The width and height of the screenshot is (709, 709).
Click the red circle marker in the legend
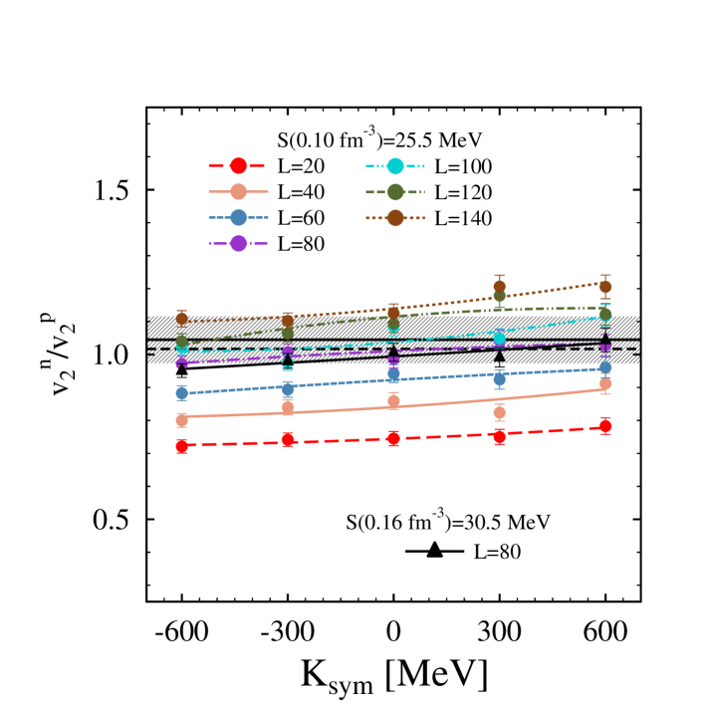pyautogui.click(x=238, y=166)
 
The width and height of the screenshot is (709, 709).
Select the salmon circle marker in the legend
pyautogui.click(x=238, y=192)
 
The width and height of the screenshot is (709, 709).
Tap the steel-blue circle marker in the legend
pyautogui.click(x=238, y=217)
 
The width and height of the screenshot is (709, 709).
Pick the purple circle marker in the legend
pyautogui.click(x=238, y=243)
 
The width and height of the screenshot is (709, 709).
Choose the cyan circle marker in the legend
pyautogui.click(x=395, y=166)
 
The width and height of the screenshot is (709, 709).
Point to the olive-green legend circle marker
pyautogui.click(x=395, y=192)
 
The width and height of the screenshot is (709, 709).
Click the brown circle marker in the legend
pyautogui.click(x=395, y=217)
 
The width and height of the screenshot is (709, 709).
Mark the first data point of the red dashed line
pyautogui.click(x=181, y=446)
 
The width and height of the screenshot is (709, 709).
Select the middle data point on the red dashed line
pyautogui.click(x=393, y=438)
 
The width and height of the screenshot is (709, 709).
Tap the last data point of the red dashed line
pyautogui.click(x=605, y=425)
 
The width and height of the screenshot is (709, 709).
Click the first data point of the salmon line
pyautogui.click(x=181, y=420)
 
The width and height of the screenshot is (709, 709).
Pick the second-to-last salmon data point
pyautogui.click(x=499, y=412)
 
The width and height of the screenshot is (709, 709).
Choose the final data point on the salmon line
pyautogui.click(x=605, y=383)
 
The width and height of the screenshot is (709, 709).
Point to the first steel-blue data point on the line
pyautogui.click(x=181, y=392)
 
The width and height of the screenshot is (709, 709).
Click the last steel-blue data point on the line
pyautogui.click(x=605, y=367)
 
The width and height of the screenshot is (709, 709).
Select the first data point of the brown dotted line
pyautogui.click(x=181, y=318)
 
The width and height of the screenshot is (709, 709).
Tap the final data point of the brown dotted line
pyautogui.click(x=605, y=286)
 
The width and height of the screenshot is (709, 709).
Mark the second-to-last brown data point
pyautogui.click(x=499, y=286)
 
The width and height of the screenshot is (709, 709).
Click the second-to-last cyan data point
pyautogui.click(x=499, y=339)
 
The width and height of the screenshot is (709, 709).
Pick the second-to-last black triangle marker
pyautogui.click(x=499, y=355)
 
